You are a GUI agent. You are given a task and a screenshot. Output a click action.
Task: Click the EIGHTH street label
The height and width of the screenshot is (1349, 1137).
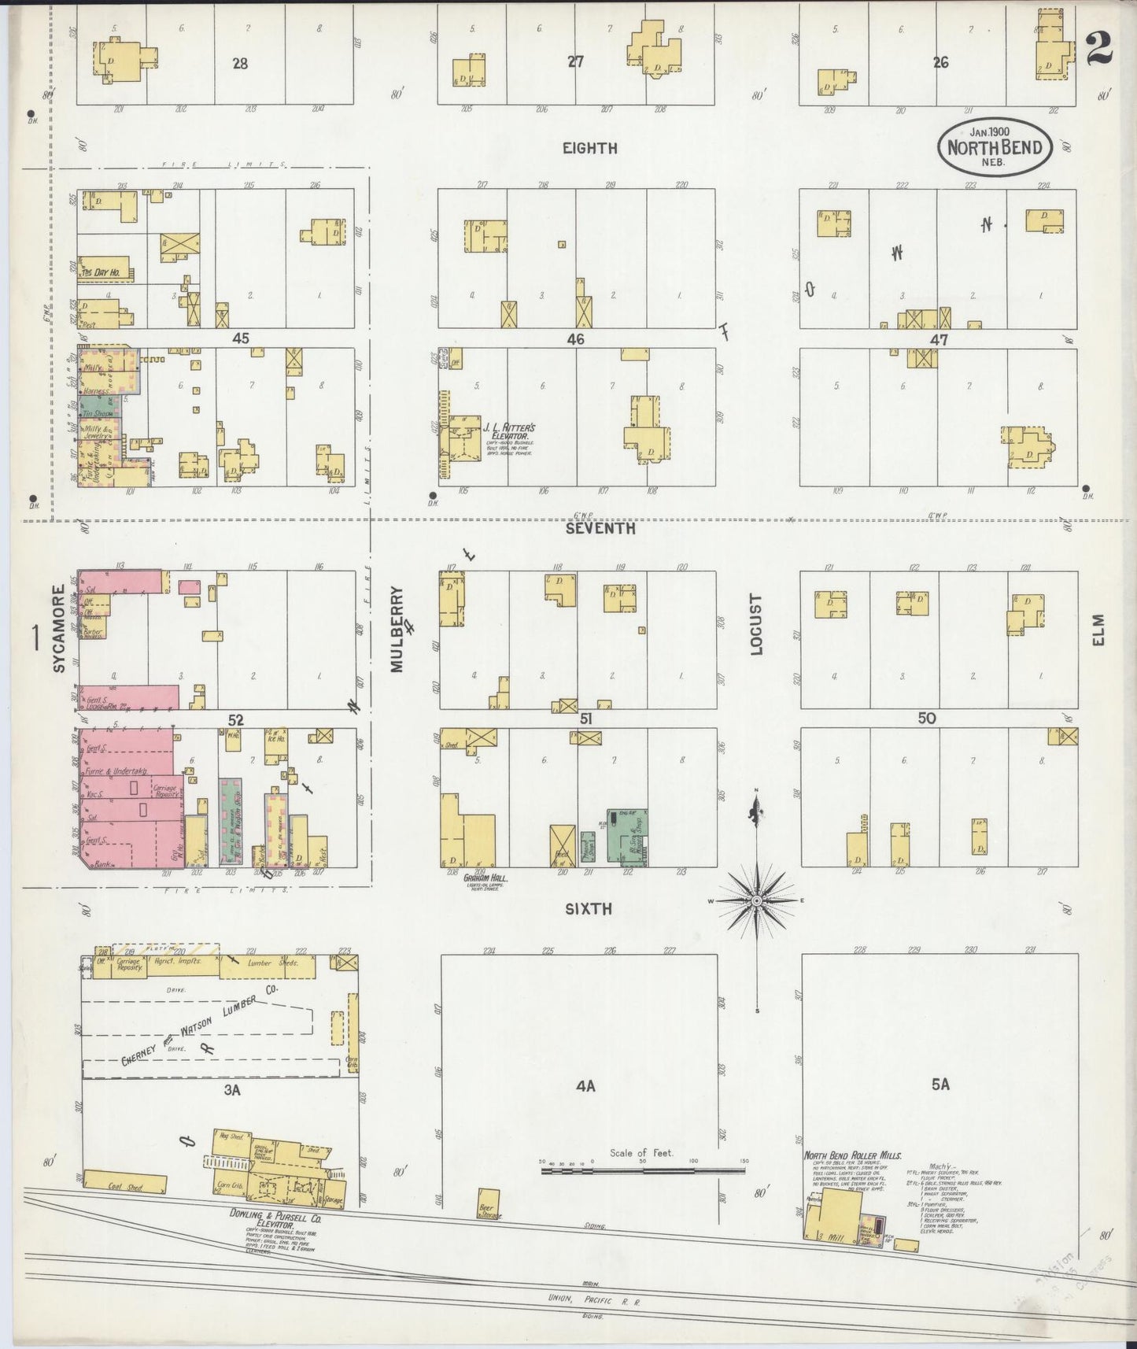click(x=589, y=148)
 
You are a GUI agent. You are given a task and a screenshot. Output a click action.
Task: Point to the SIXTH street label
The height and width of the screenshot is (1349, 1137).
click(x=589, y=909)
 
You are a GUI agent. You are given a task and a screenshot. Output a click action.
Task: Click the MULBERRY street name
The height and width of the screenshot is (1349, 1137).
click(x=397, y=630)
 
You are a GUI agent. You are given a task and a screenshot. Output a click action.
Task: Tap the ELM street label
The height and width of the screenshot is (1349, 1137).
click(x=1098, y=630)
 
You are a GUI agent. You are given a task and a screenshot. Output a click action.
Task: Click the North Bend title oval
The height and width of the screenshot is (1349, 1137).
click(x=995, y=145)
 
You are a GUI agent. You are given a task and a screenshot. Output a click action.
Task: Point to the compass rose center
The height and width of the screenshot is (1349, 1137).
click(x=756, y=900)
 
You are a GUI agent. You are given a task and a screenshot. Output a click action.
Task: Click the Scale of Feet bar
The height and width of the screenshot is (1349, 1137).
click(x=643, y=1171)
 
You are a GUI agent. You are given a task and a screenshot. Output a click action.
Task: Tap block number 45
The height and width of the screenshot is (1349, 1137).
click(x=240, y=338)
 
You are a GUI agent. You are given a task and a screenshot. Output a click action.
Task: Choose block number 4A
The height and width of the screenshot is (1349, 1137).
click(x=585, y=1086)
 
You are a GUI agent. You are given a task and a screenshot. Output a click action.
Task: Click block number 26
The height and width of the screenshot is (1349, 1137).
click(x=940, y=62)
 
